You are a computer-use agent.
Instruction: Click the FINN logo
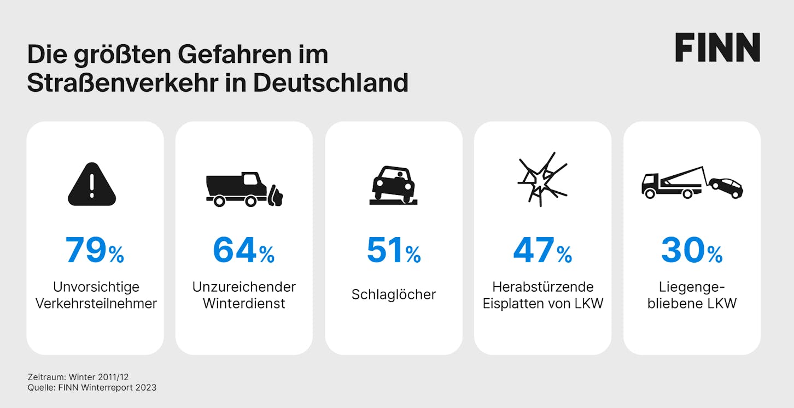click(x=717, y=48)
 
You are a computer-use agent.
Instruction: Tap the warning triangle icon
click(x=92, y=184)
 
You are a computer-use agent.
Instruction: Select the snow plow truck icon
click(x=244, y=189)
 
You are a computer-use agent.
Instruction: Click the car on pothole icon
click(x=394, y=185)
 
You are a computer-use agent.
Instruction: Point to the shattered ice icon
click(x=542, y=179)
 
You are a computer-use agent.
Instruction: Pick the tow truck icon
click(x=692, y=182)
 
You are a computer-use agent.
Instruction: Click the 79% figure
click(x=95, y=250)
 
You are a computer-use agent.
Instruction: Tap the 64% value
click(x=244, y=250)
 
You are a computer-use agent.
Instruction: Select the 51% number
click(x=394, y=250)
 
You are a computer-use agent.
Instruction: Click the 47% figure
click(x=542, y=250)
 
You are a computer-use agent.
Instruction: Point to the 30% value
click(x=692, y=250)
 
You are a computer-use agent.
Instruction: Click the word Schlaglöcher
click(x=394, y=295)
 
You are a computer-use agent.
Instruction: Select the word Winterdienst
click(x=244, y=304)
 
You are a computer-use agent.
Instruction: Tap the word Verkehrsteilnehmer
click(x=96, y=304)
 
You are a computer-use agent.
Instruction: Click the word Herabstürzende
click(x=542, y=287)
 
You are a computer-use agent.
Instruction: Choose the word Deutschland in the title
click(x=330, y=83)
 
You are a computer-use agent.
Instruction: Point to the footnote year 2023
click(x=145, y=387)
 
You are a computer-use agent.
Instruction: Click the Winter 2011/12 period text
click(x=98, y=377)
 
